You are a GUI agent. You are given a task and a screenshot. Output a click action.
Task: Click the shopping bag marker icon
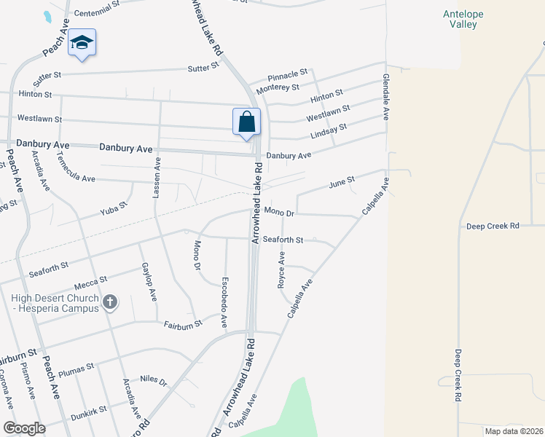click(x=246, y=122)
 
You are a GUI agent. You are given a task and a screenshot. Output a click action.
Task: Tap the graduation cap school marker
click(x=82, y=44)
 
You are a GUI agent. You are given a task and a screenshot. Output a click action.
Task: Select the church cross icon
click(x=109, y=302)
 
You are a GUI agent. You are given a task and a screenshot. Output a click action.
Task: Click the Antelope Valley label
click(x=460, y=19)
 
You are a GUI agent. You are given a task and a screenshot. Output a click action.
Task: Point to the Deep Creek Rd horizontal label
click(x=493, y=226)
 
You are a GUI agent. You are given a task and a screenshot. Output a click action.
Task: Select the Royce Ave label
click(x=281, y=270)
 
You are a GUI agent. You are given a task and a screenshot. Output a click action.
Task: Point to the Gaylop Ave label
click(x=149, y=282)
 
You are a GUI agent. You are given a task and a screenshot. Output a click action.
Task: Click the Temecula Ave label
click(x=76, y=173)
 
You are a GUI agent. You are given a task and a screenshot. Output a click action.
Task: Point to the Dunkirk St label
click(x=89, y=413)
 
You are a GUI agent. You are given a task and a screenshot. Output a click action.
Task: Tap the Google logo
click(x=25, y=428)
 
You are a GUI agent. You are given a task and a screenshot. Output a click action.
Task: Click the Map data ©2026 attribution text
click(x=513, y=431)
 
